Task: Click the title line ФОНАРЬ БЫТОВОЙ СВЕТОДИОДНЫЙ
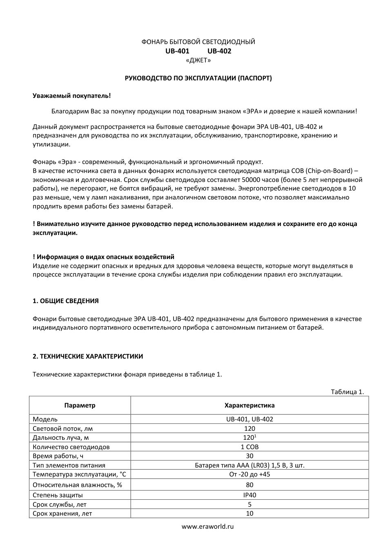pyautogui.click(x=198, y=42)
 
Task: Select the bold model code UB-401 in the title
pyautogui.click(x=177, y=51)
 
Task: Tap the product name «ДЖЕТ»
pyautogui.click(x=198, y=60)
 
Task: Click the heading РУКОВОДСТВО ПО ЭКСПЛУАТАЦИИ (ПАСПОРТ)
pyautogui.click(x=198, y=78)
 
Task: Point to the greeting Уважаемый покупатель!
pyautogui.click(x=71, y=96)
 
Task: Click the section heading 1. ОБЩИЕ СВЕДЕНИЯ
pyautogui.click(x=65, y=301)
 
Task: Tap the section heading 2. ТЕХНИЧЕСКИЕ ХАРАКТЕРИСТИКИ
pyautogui.click(x=88, y=357)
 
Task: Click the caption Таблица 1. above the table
pyautogui.click(x=347, y=392)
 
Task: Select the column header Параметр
pyautogui.click(x=80, y=406)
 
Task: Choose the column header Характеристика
pyautogui.click(x=249, y=406)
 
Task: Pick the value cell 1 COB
pyautogui.click(x=249, y=447)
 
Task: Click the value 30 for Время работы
pyautogui.click(x=249, y=456)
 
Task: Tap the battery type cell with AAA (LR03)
pyautogui.click(x=249, y=465)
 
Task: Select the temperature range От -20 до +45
pyautogui.click(x=249, y=474)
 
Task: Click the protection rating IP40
pyautogui.click(x=249, y=495)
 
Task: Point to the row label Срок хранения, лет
pyautogui.click(x=62, y=514)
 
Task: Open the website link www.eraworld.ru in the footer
pyautogui.click(x=207, y=527)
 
